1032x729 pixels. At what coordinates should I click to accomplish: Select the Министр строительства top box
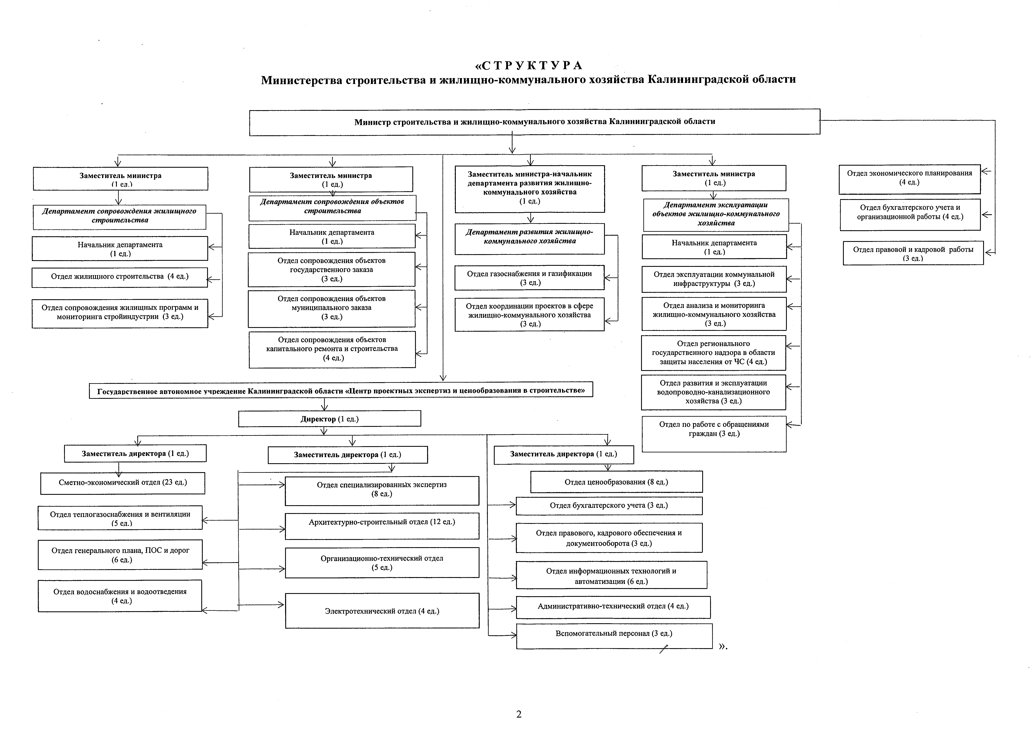tap(534, 122)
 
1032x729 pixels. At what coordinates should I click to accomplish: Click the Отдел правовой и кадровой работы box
tap(913, 253)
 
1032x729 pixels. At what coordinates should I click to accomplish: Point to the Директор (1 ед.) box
tap(329, 419)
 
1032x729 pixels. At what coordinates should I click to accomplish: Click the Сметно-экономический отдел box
tap(123, 483)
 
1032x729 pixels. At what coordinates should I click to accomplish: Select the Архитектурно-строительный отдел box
tap(382, 526)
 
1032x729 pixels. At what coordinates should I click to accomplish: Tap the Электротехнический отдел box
tap(382, 611)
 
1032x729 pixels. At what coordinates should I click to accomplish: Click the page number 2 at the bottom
tap(519, 714)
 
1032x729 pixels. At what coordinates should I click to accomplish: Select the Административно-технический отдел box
tap(613, 607)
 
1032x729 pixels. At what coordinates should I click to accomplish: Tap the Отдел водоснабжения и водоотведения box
tap(120, 596)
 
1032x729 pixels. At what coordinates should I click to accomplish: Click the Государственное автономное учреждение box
tap(341, 390)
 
